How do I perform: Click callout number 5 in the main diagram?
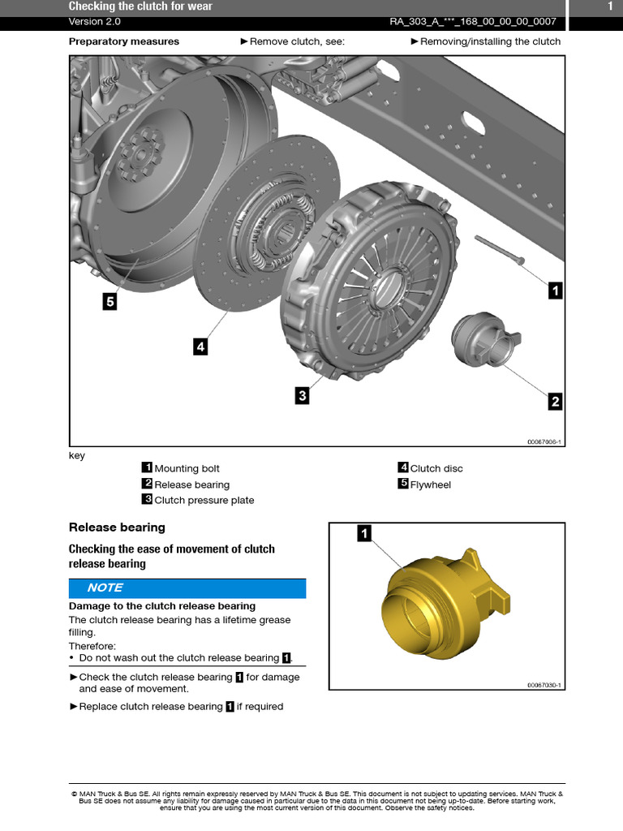click(110, 302)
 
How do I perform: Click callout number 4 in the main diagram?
click(200, 347)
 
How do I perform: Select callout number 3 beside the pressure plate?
click(302, 395)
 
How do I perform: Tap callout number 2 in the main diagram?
click(555, 401)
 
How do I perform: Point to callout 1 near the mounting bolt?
click(555, 291)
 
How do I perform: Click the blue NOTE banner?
click(187, 588)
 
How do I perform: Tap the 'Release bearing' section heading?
click(117, 527)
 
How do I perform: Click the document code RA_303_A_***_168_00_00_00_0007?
click(473, 22)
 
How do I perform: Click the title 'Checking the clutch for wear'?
click(140, 6)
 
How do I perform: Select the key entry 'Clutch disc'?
click(436, 468)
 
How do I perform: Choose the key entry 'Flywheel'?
click(430, 484)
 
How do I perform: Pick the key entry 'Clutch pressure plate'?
click(204, 500)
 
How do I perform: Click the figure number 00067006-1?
click(544, 441)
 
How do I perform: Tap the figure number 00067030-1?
click(544, 685)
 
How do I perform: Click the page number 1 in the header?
click(610, 6)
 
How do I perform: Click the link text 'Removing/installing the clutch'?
click(490, 41)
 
